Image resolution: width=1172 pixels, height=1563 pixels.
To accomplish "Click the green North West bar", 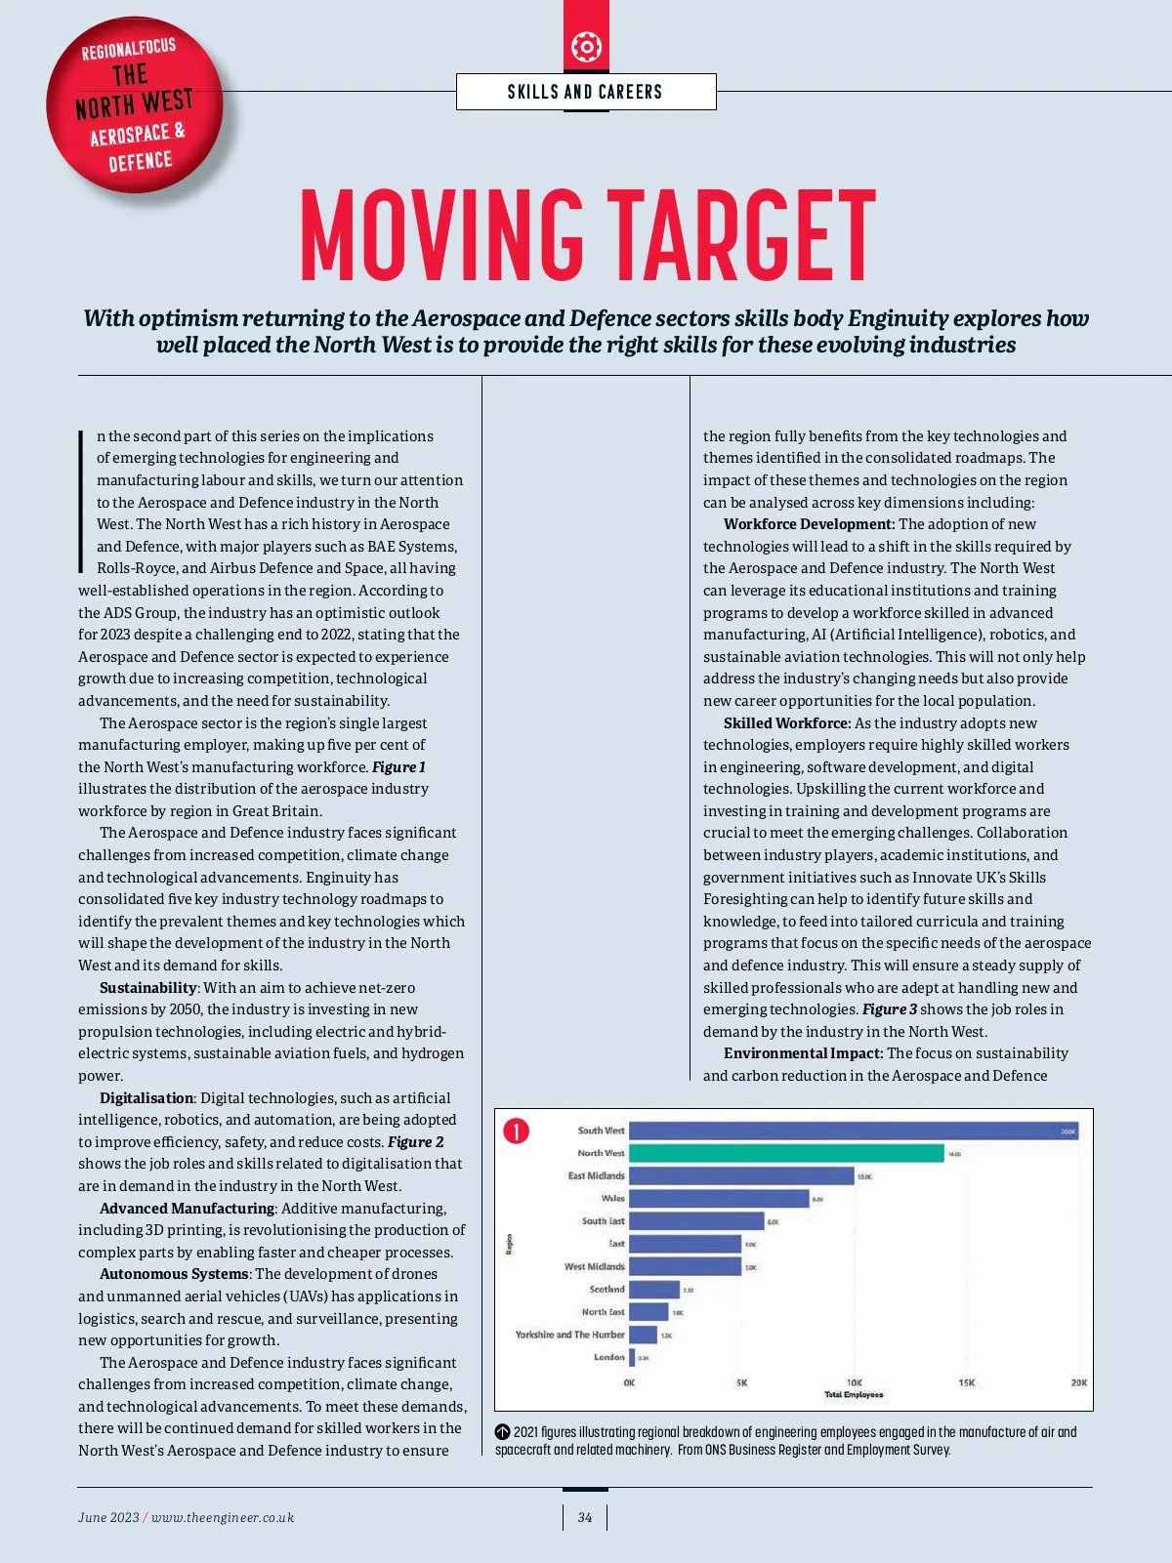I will [x=786, y=1153].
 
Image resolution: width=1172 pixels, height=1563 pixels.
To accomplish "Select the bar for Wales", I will [x=719, y=1198].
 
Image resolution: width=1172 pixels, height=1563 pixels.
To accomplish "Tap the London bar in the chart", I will [x=632, y=1357].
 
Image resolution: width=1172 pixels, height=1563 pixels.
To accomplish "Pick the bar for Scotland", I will [x=654, y=1290].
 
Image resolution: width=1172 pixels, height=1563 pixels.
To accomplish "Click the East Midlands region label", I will [x=596, y=1175].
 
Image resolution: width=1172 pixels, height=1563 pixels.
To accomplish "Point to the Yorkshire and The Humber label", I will [x=569, y=1335].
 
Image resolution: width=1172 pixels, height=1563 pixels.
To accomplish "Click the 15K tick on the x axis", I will [x=966, y=1382].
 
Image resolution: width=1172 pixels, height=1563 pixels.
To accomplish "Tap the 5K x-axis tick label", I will [x=741, y=1382].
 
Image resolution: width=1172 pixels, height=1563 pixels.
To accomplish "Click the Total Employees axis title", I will [x=854, y=1395].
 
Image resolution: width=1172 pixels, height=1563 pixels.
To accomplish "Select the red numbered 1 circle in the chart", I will [x=516, y=1131].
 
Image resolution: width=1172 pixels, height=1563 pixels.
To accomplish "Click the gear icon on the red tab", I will [x=586, y=46].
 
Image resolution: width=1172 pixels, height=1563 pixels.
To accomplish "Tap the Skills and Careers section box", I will [x=586, y=92].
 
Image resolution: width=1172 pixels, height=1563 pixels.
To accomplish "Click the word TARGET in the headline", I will [x=741, y=234].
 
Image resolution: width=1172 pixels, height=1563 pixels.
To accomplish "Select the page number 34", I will [x=585, y=1517].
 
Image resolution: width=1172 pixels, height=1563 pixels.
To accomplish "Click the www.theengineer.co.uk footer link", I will [x=223, y=1517].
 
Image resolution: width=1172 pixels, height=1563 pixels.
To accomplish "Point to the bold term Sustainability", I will [x=148, y=988].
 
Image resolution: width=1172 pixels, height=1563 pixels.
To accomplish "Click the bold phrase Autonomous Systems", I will [x=174, y=1274].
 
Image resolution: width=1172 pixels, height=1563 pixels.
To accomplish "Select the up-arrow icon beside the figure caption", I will [x=503, y=1432].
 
